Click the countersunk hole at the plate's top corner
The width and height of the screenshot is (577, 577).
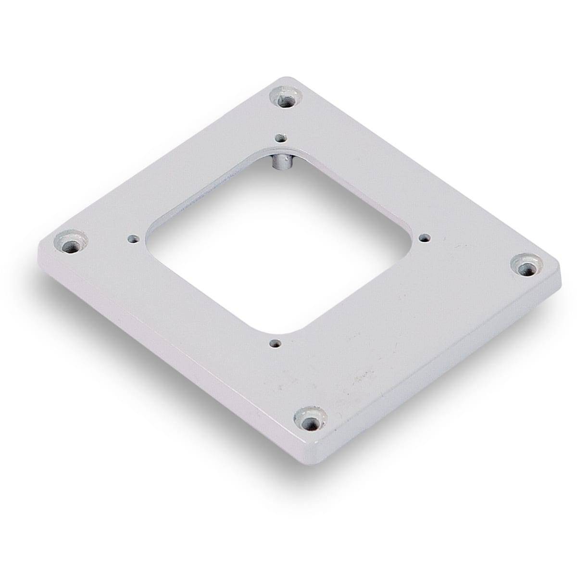287,99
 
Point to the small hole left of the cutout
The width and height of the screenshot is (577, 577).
132,238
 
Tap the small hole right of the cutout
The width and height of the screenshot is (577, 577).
424,237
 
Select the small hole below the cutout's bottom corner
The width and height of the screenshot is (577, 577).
275,343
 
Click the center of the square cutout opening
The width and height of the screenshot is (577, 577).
279,240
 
